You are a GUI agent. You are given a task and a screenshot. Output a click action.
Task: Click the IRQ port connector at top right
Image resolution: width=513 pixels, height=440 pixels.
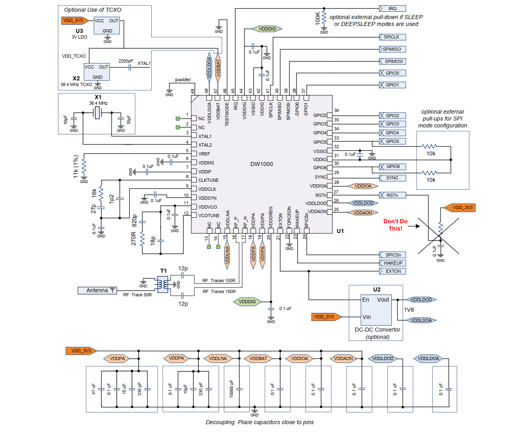392,9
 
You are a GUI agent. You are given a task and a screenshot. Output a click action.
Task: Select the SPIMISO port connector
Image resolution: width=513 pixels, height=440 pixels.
392,49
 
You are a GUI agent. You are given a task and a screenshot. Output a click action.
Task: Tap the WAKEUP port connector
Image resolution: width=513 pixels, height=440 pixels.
392,263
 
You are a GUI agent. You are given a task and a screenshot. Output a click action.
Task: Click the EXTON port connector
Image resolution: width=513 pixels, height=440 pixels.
392,271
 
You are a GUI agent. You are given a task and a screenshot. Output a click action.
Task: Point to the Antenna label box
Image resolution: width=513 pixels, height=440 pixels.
97,290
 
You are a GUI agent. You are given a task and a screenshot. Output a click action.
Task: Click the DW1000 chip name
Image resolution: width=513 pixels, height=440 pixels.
262,164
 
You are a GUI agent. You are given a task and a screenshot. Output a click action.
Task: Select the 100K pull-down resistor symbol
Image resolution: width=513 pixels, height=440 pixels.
324,17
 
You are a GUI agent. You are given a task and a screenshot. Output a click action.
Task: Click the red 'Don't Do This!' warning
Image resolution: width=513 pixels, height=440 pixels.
395,225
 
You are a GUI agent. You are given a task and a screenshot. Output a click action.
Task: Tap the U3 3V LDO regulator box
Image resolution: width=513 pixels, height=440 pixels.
107,26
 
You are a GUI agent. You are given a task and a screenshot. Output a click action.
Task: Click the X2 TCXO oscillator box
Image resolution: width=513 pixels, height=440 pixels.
97,72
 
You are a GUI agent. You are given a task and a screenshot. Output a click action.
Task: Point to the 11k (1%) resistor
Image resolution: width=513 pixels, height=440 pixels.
84,166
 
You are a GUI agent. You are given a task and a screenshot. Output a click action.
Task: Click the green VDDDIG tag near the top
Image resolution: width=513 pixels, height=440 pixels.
267,29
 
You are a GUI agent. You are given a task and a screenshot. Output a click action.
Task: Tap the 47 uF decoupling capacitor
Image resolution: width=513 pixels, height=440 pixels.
101,389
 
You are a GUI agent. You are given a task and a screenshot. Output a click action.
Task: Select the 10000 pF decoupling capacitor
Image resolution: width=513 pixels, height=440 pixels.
239,389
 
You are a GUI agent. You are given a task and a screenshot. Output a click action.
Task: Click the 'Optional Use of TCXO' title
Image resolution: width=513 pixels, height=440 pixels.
92,10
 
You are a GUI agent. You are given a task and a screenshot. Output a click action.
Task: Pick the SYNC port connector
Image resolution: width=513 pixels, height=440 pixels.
392,178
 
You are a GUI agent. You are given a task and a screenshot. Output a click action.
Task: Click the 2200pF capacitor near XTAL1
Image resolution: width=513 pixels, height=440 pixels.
129,67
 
